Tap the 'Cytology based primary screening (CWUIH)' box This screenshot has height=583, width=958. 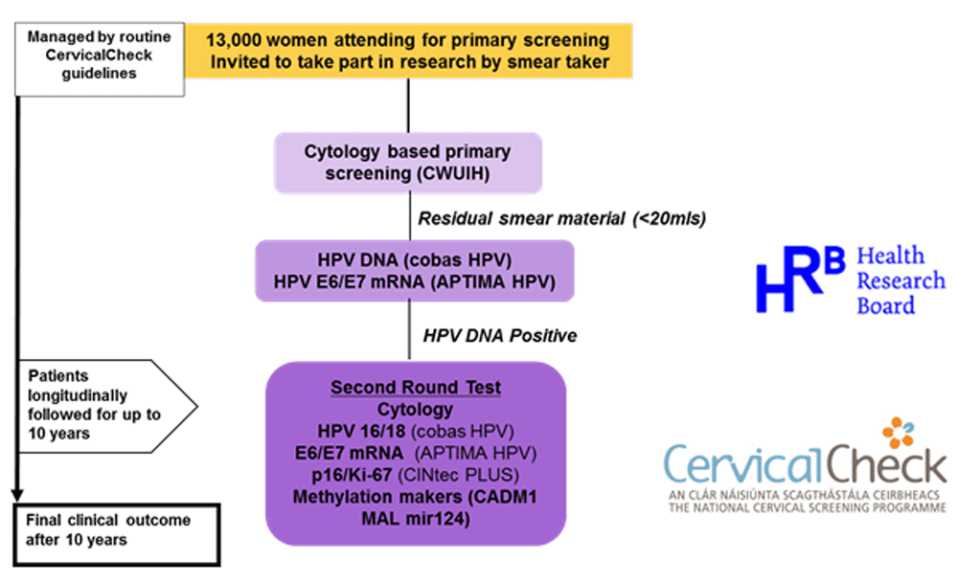tap(408, 162)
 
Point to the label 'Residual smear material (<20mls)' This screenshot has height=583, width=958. tap(561, 218)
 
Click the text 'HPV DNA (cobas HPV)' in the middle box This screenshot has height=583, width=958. tap(414, 259)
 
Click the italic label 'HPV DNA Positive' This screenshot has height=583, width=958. tap(499, 336)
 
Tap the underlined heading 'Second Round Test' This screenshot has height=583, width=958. tap(415, 388)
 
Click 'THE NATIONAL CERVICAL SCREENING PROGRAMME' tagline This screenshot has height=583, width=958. tap(806, 506)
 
